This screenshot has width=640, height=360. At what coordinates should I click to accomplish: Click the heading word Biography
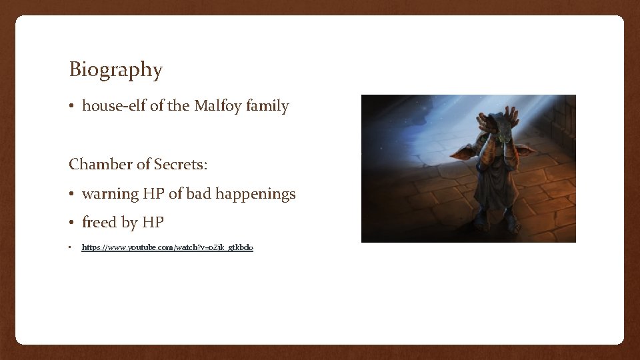click(x=115, y=69)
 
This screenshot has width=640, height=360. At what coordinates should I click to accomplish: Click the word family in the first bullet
click(x=268, y=105)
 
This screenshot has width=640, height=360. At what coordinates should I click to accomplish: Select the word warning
click(x=110, y=194)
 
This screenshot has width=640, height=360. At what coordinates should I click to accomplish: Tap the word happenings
click(x=256, y=194)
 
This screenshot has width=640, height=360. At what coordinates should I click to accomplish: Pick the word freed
click(x=99, y=222)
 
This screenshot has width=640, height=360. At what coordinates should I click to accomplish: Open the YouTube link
click(x=167, y=247)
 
